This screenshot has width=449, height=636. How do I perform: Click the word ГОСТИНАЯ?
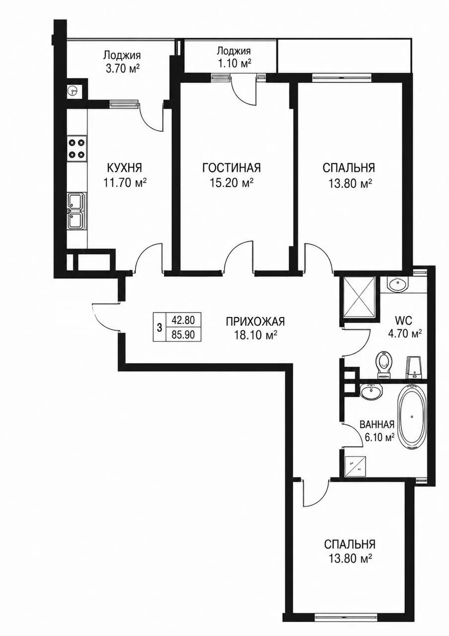pos(231,168)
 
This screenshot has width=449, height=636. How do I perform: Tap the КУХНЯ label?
pos(124,168)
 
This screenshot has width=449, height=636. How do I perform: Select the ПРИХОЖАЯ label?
pos(255,322)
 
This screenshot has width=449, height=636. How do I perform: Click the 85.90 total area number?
pos(183,335)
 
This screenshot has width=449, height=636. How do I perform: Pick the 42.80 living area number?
pos(183,320)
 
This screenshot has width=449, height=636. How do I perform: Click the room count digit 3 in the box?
pos(159,328)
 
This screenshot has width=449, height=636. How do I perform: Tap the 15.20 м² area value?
pos(231,183)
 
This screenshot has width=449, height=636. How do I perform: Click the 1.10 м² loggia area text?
pos(234,63)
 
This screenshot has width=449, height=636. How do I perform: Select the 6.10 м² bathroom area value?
pos(376,438)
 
